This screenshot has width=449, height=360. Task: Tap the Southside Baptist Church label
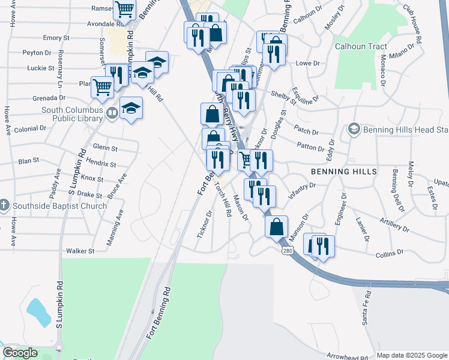pyautogui.click(x=59, y=206)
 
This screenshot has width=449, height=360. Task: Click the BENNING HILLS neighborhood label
pyautogui.click(x=344, y=172)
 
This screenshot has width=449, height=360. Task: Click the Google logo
pyautogui.click(x=20, y=353)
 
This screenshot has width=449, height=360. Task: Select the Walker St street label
pyautogui.click(x=80, y=251)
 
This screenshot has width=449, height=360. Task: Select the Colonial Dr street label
pyautogui.click(x=31, y=128)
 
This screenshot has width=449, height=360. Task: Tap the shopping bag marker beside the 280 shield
pyautogui.click(x=276, y=227)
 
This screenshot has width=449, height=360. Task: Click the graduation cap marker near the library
pyautogui.click(x=131, y=109)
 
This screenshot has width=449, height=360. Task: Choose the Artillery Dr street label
pyautogui.click(x=394, y=225)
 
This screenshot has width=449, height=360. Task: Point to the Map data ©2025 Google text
pyautogui.click(x=411, y=355)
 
